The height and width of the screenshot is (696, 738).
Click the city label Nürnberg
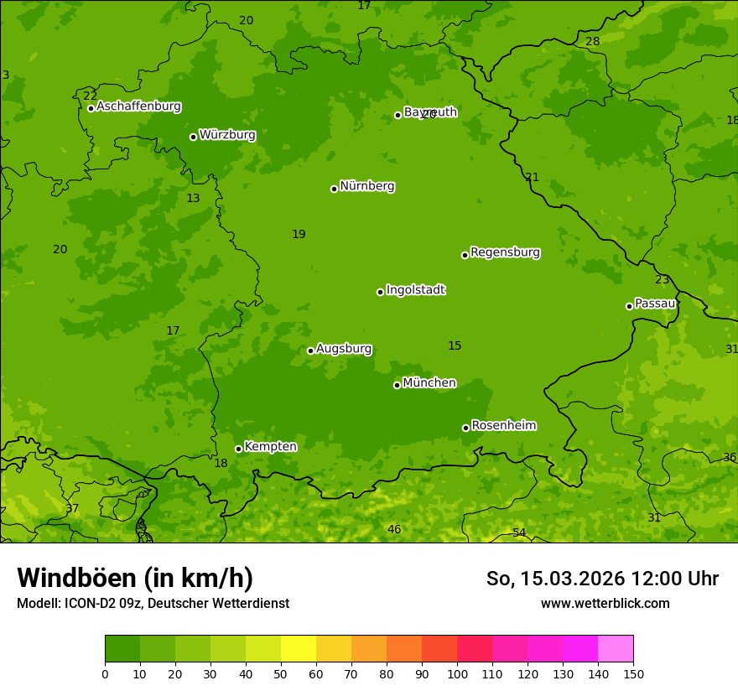pyautogui.click(x=366, y=186)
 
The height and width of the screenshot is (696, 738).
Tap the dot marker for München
pyautogui.click(x=397, y=385)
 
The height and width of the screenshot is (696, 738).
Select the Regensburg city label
pyautogui.click(x=505, y=252)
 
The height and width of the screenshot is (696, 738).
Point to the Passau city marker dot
pyautogui.click(x=629, y=306)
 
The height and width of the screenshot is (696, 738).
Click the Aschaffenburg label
pyautogui.click(x=138, y=106)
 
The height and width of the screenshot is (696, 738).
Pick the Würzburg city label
pyautogui.click(x=227, y=134)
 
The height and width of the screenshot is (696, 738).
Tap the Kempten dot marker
pyautogui.click(x=238, y=449)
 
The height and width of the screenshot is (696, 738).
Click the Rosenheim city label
pyautogui.click(x=503, y=426)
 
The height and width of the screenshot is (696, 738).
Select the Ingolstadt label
pyautogui.click(x=415, y=290)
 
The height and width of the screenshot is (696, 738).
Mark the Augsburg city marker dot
pyautogui.click(x=310, y=351)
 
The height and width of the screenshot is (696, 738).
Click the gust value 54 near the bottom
pyautogui.click(x=519, y=533)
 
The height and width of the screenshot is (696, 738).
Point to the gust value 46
pyautogui.click(x=394, y=529)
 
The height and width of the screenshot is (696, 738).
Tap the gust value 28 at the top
pyautogui.click(x=593, y=41)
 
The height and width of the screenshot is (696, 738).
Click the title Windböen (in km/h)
pyautogui.click(x=135, y=578)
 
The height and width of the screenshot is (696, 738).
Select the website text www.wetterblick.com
pyautogui.click(x=605, y=603)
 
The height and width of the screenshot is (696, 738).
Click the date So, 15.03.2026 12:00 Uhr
pyautogui.click(x=602, y=579)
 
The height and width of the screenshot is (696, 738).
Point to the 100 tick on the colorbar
pyautogui.click(x=457, y=673)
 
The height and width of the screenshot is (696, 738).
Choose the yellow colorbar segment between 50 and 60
pyautogui.click(x=299, y=649)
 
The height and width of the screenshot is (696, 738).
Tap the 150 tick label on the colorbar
pyautogui.click(x=633, y=673)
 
